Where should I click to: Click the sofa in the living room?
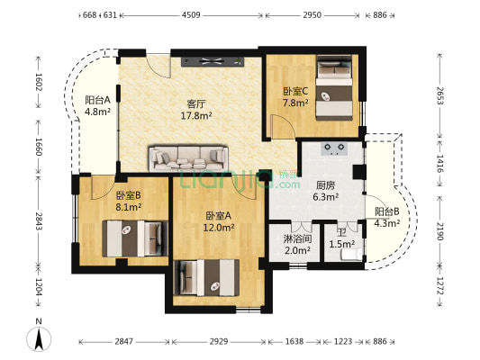(188, 158)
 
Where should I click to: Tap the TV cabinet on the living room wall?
(213, 61)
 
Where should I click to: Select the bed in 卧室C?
(334, 88)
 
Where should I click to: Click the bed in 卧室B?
(135, 238)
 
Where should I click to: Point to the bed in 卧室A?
(206, 277)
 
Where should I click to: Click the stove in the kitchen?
(334, 148)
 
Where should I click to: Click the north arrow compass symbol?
(39, 339)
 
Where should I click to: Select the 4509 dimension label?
(191, 14)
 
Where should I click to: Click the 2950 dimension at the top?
(312, 14)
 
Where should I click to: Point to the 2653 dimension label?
(439, 95)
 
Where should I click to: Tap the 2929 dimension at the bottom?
(219, 341)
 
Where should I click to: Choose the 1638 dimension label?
(294, 341)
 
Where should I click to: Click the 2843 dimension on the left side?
(39, 220)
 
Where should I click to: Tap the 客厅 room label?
(196, 104)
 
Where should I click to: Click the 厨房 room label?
(325, 185)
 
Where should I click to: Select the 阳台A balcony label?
(97, 100)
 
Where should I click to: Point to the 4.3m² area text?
(387, 223)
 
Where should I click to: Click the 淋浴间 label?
(297, 238)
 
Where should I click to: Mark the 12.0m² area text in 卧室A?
(219, 228)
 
